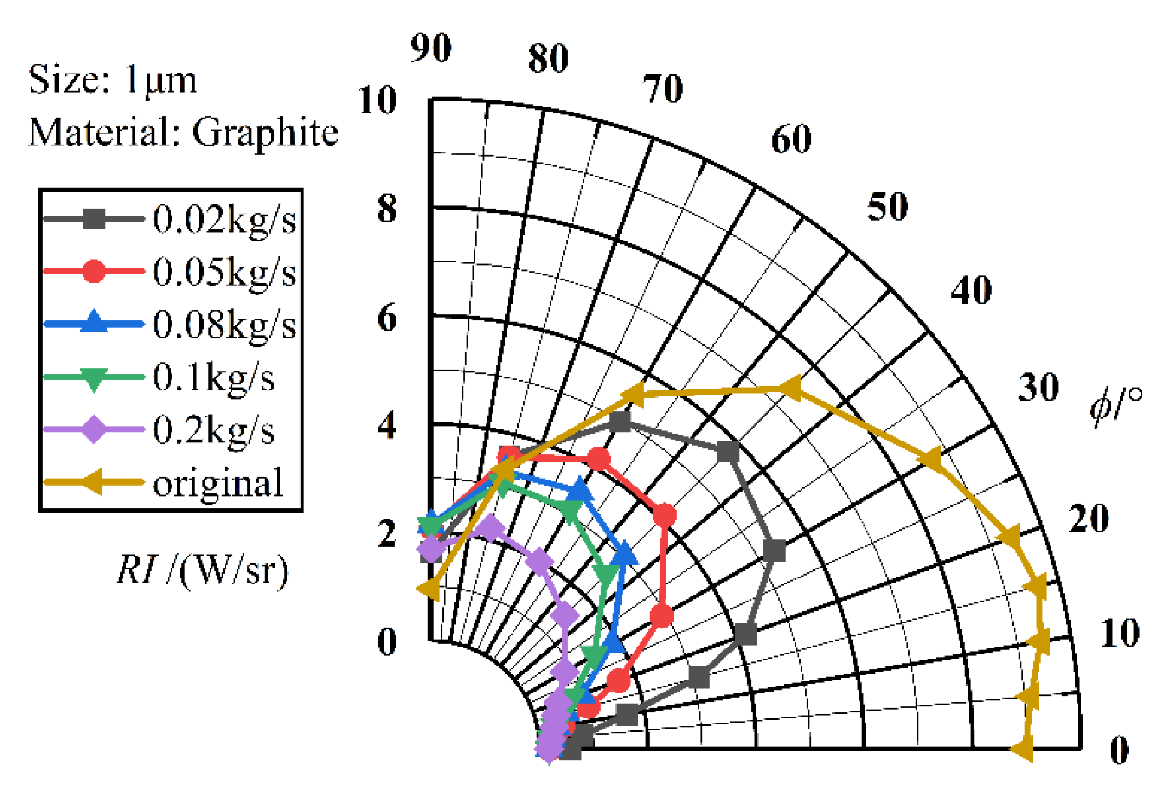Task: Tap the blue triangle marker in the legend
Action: (x=94, y=323)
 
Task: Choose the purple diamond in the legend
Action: (x=94, y=429)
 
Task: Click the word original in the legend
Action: (x=218, y=483)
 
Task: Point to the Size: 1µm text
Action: (x=112, y=80)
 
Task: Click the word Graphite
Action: (x=266, y=133)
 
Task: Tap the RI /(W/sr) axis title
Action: (x=203, y=570)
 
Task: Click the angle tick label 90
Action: (x=431, y=48)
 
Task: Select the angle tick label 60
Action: (x=791, y=139)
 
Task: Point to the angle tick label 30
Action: (x=1038, y=388)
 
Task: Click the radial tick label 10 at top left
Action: (x=377, y=100)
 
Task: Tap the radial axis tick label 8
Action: (x=387, y=209)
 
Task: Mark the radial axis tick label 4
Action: (x=387, y=425)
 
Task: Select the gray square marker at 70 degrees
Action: (x=620, y=421)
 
